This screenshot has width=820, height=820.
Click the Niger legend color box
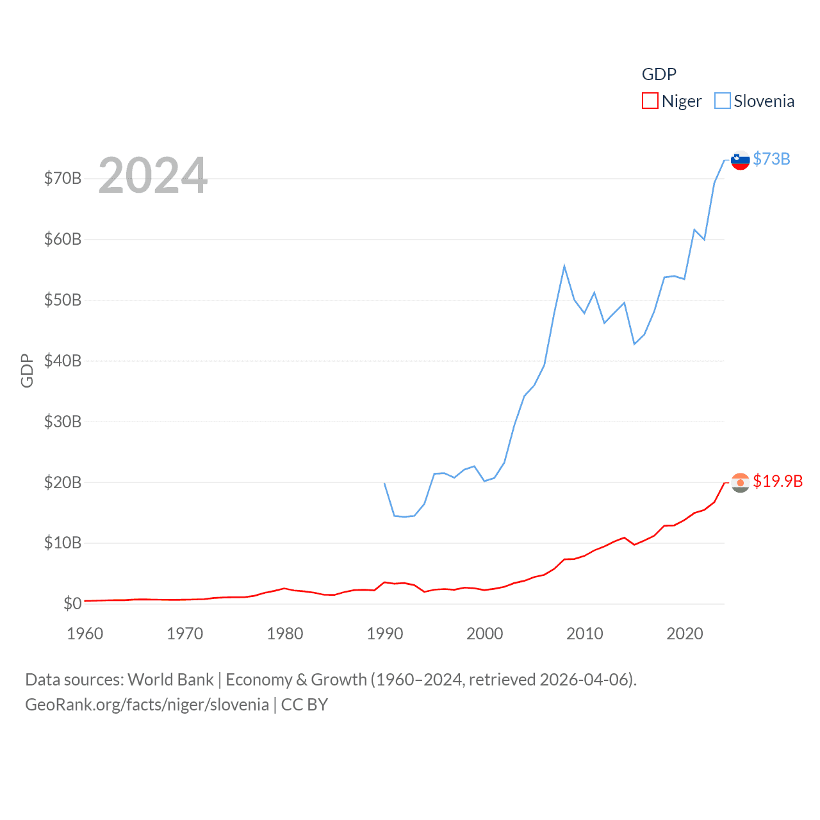pyautogui.click(x=650, y=101)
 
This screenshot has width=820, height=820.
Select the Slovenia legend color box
pyautogui.click(x=722, y=101)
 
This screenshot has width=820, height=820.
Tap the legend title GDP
pyautogui.click(x=659, y=74)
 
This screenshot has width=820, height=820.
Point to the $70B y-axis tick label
pyautogui.click(x=63, y=178)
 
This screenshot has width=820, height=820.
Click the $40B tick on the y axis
pyautogui.click(x=63, y=361)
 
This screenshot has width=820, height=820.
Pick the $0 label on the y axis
pyautogui.click(x=72, y=603)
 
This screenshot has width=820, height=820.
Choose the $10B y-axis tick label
pyautogui.click(x=63, y=543)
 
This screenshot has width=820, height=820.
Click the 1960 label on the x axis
pyautogui.click(x=85, y=634)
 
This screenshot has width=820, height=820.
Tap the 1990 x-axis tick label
pyautogui.click(x=384, y=634)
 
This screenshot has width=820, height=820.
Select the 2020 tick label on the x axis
pyautogui.click(x=684, y=634)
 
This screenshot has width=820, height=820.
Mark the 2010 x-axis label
pyautogui.click(x=584, y=634)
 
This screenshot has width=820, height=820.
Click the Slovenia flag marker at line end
pyautogui.click(x=740, y=160)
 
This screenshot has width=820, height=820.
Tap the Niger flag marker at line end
pyautogui.click(x=740, y=482)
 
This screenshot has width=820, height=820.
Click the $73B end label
pyautogui.click(x=771, y=159)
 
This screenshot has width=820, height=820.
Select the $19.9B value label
pyautogui.click(x=778, y=481)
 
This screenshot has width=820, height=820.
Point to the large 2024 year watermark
pyautogui.click(x=152, y=175)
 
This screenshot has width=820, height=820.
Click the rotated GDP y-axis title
pyautogui.click(x=27, y=370)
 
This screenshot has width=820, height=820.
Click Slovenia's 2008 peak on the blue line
pyautogui.click(x=564, y=266)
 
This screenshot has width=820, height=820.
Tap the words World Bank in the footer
pyautogui.click(x=170, y=680)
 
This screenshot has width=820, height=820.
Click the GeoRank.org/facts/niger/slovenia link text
pyautogui.click(x=147, y=705)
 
